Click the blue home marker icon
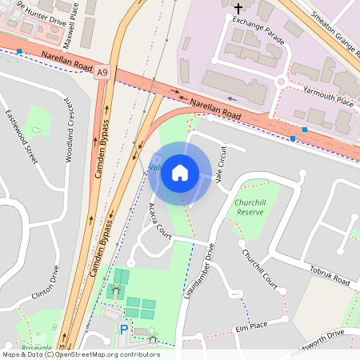pyautogui.click(x=180, y=173)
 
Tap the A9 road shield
pyautogui.click(x=102, y=73)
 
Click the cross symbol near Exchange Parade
pyautogui.click(x=237, y=9)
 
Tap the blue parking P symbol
pyautogui.click(x=123, y=329)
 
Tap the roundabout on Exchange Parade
pyautogui.click(x=282, y=81)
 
